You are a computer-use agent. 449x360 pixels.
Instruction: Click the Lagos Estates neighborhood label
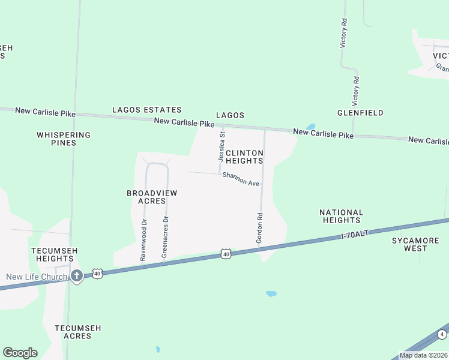click(x=146, y=110)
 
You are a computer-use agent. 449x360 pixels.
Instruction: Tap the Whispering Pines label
click(x=64, y=139)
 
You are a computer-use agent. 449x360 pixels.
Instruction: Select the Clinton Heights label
click(x=244, y=157)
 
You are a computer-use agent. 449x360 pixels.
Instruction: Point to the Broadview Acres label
click(x=152, y=197)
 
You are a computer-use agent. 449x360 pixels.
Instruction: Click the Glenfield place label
click(x=360, y=113)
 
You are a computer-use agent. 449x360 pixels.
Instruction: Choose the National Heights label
click(x=341, y=216)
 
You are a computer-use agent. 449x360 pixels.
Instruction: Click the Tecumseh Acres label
click(x=77, y=332)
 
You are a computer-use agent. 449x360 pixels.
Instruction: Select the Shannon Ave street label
click(x=241, y=178)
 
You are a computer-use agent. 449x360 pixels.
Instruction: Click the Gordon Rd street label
click(x=260, y=228)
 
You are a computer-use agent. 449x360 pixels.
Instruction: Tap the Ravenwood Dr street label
click(x=143, y=239)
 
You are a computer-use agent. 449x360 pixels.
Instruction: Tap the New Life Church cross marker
click(x=76, y=275)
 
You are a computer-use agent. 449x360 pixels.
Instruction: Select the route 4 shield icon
click(x=442, y=334)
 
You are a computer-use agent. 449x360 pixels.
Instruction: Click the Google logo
click(x=20, y=353)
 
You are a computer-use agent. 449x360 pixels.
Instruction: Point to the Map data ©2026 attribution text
click(x=423, y=355)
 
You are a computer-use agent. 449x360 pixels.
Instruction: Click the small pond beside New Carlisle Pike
click(x=310, y=127)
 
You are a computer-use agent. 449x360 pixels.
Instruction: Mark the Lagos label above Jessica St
click(x=231, y=115)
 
